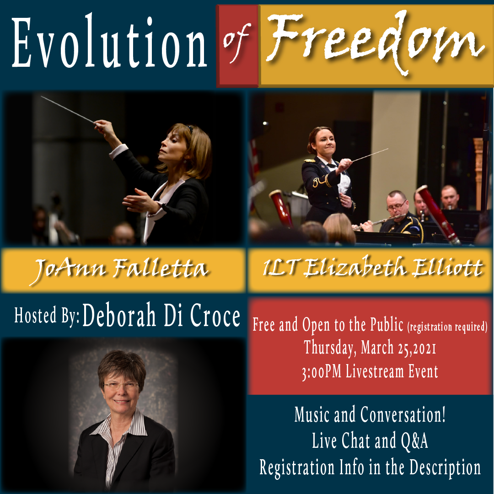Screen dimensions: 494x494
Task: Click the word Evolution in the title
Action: pos(110,44)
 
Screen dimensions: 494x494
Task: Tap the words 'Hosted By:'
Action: pos(47,316)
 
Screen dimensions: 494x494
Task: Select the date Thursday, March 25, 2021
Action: pos(370,348)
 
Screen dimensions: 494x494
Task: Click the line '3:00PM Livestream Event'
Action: pos(370,371)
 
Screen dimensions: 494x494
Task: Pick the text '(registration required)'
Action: pos(447,327)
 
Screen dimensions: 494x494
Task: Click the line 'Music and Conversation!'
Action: pos(370,415)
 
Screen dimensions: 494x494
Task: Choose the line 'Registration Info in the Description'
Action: pos(370,467)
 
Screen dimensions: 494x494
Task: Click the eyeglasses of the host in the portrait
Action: pos(121,386)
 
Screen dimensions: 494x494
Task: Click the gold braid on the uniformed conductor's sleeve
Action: pos(320,183)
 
